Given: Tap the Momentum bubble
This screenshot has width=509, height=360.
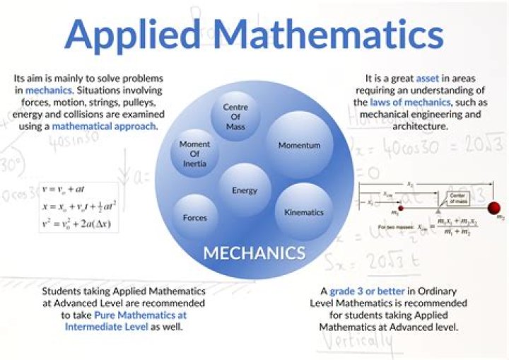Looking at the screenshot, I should (x=299, y=144).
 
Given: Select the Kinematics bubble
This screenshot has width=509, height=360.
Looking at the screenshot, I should (x=303, y=211).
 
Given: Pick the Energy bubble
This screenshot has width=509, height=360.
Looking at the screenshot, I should (x=245, y=190).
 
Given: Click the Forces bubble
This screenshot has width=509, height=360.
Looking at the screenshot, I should (x=195, y=217).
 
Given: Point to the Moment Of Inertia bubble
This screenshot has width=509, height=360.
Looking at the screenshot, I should (x=194, y=153).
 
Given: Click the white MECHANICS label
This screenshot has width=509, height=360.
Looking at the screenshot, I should (x=254, y=252).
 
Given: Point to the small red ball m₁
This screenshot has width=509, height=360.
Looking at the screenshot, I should (x=401, y=208).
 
